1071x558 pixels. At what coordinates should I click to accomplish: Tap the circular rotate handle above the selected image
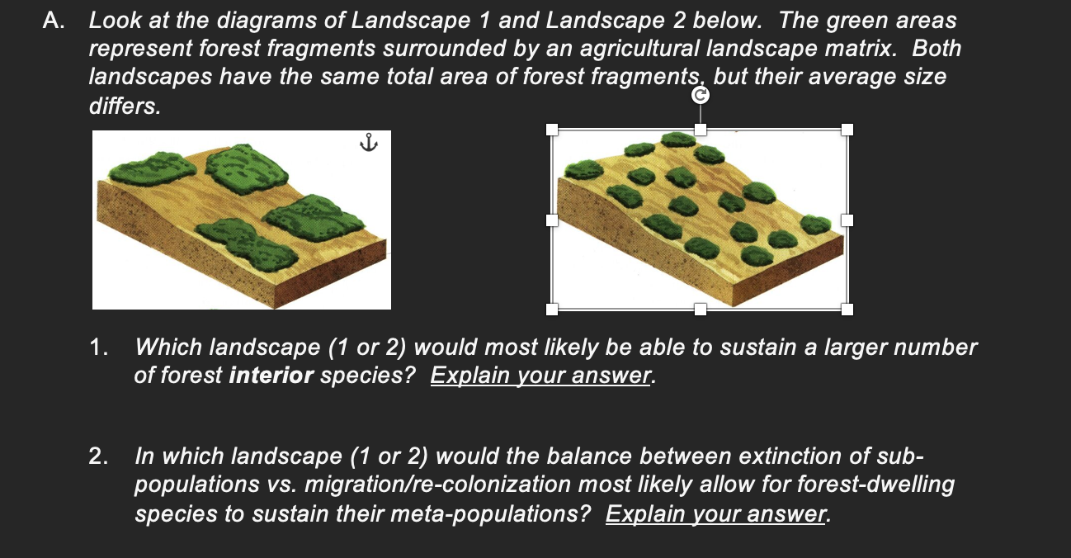(700, 96)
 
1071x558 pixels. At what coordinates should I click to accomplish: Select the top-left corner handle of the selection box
(551, 130)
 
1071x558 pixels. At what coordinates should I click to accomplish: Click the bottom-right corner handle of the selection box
(847, 310)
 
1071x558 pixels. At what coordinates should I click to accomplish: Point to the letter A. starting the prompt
(54, 21)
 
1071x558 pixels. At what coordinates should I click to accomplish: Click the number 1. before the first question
(99, 348)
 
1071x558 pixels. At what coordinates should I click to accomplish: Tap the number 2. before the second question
(99, 456)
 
